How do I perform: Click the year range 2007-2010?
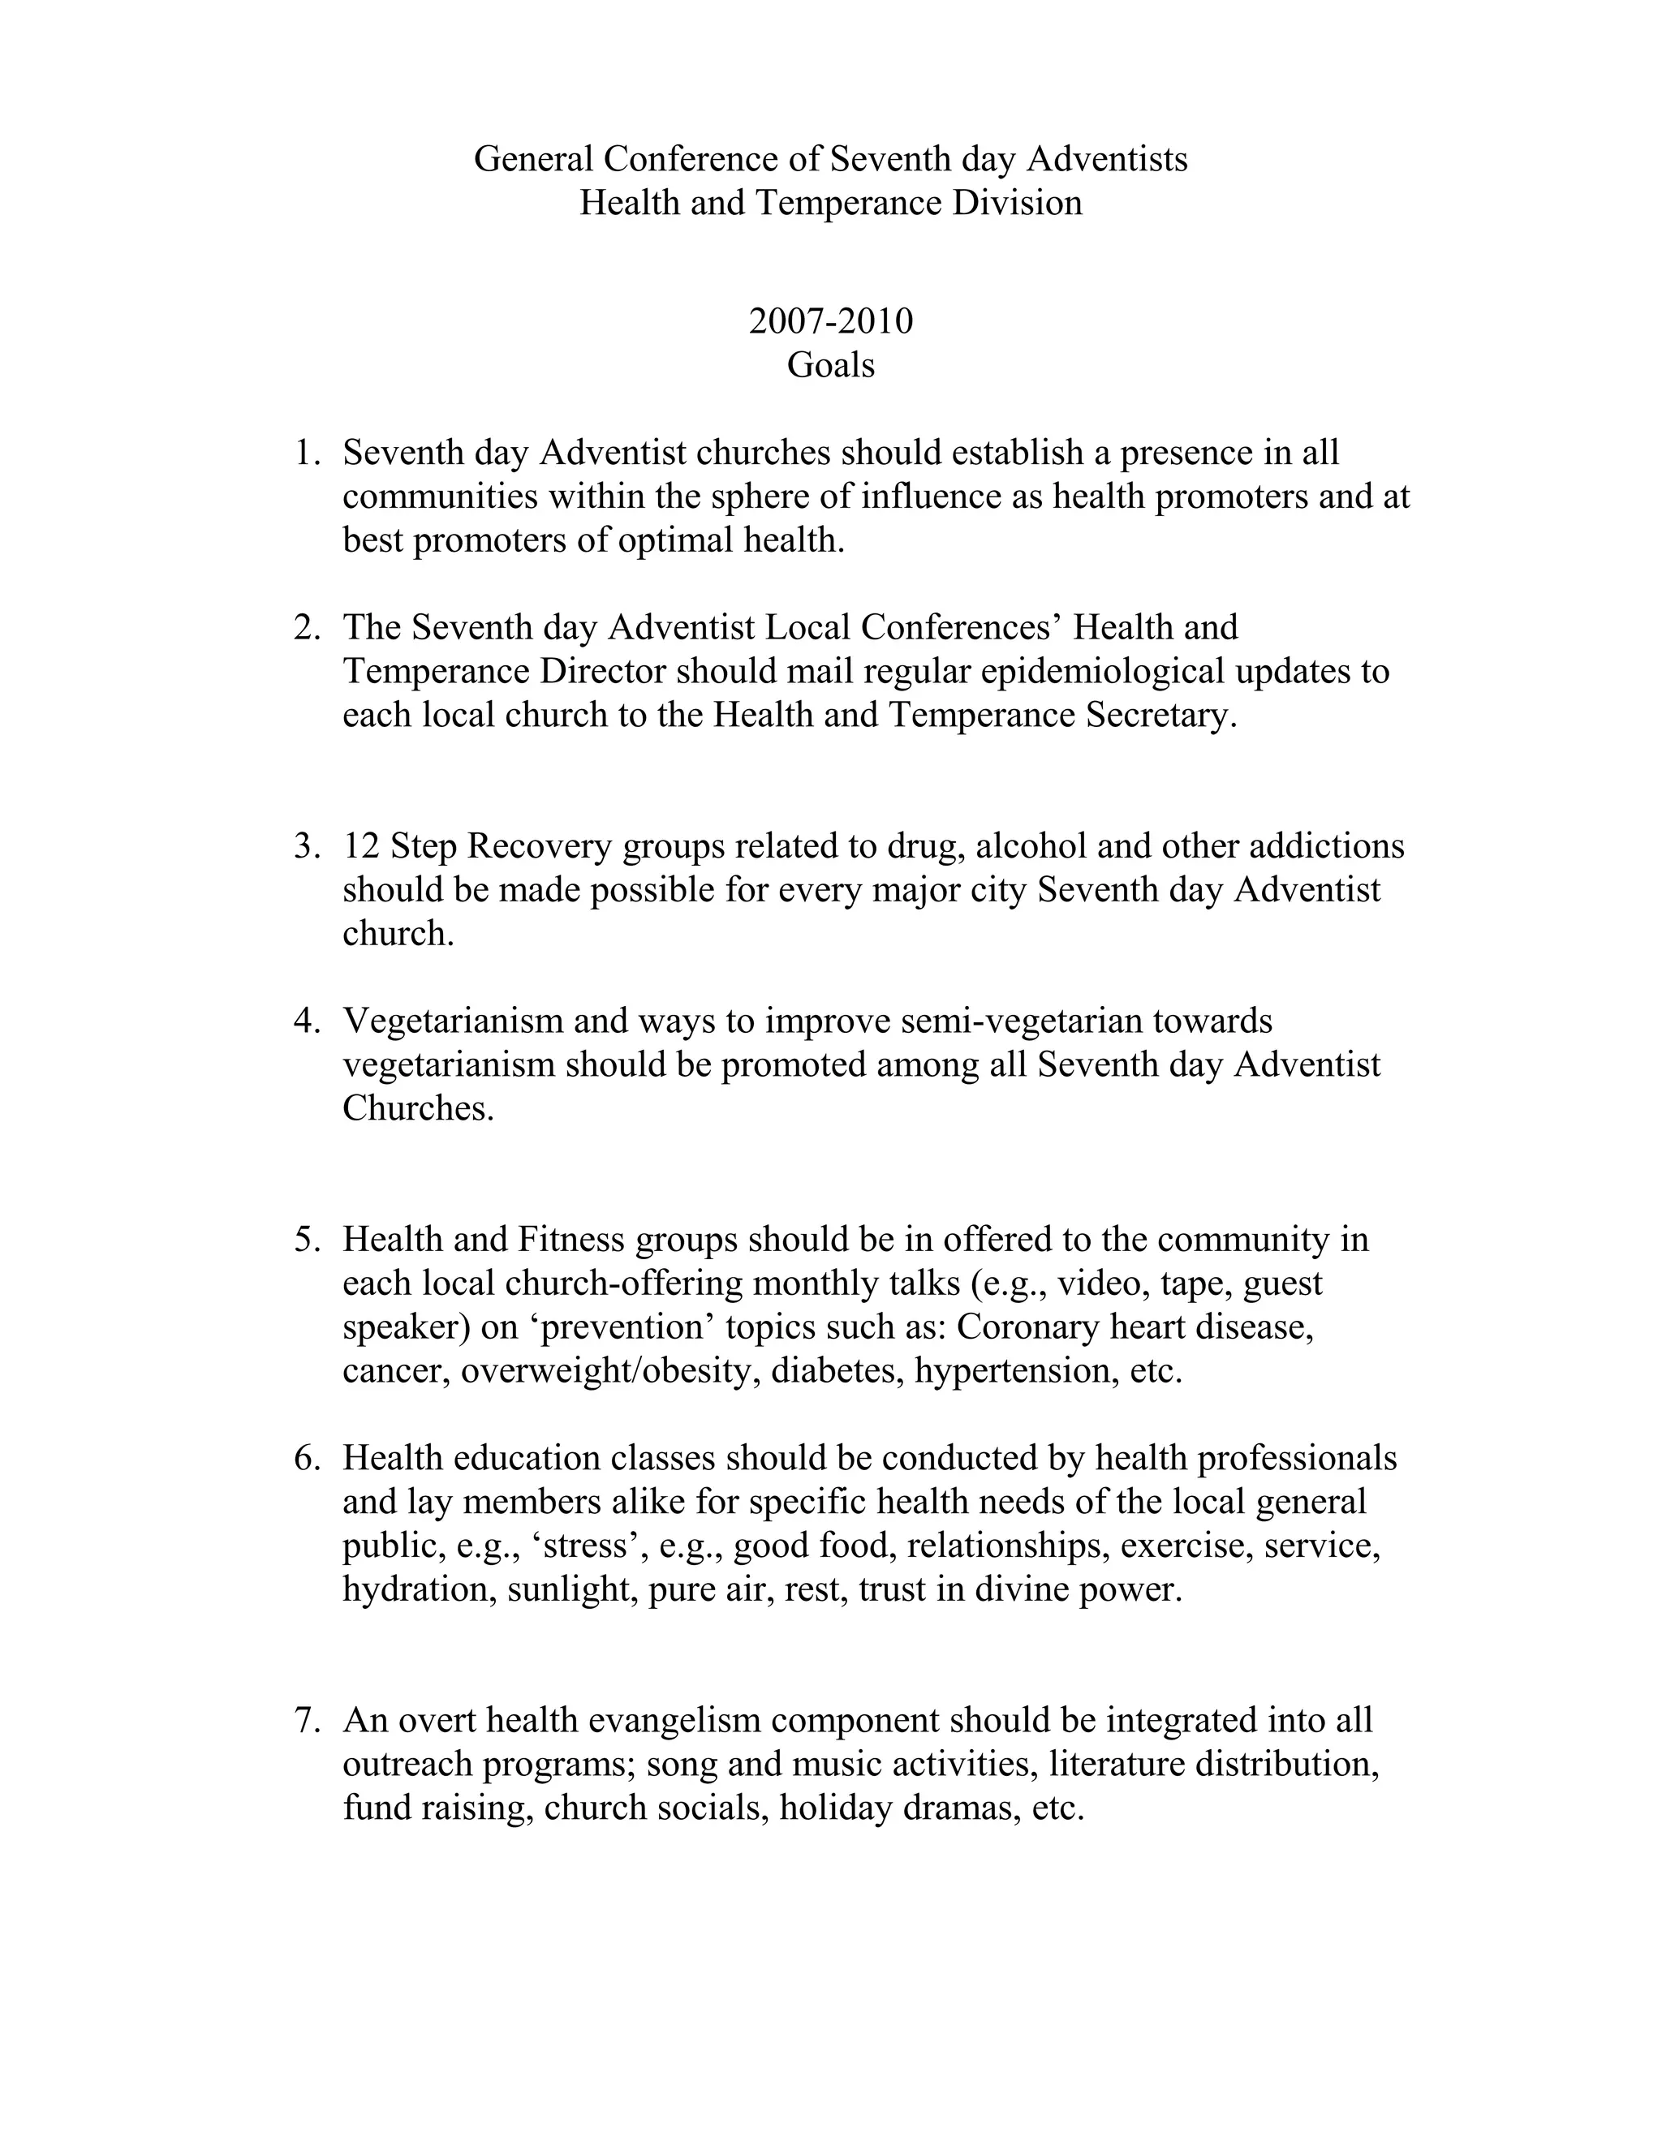(x=830, y=321)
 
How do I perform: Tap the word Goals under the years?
(x=830, y=365)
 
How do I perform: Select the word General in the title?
(x=534, y=158)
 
